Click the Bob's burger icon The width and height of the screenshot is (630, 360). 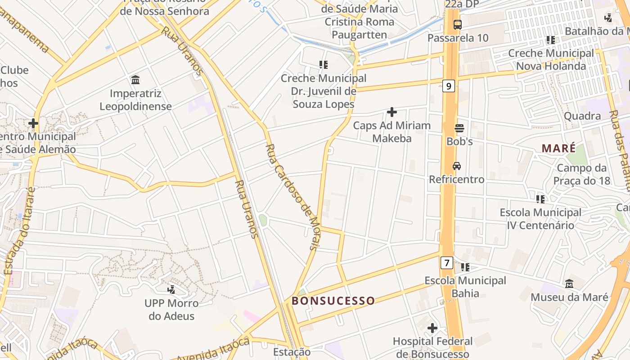click(x=459, y=128)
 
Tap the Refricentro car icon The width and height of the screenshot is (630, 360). click(x=456, y=166)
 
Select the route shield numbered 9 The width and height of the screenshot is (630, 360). click(x=448, y=85)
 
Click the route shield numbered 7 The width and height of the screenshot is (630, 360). click(x=446, y=262)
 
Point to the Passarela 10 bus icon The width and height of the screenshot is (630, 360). click(x=457, y=25)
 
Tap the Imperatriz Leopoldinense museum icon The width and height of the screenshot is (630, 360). click(x=135, y=80)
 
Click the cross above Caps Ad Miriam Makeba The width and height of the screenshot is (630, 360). click(x=391, y=112)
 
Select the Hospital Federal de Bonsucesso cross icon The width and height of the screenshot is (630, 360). click(x=432, y=328)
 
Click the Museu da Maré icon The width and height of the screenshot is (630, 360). click(x=569, y=284)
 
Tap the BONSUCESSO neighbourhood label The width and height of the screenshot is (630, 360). click(x=333, y=301)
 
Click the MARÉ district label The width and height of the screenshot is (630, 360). click(x=558, y=148)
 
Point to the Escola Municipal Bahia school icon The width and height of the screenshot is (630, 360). click(x=465, y=267)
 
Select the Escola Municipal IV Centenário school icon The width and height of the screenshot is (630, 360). click(x=540, y=199)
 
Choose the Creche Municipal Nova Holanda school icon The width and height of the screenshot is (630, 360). click(x=550, y=40)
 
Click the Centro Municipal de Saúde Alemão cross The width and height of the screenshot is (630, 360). click(x=33, y=123)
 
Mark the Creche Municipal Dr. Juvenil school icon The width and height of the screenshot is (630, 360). click(x=323, y=65)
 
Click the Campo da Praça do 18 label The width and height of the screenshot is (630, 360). click(x=583, y=175)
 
